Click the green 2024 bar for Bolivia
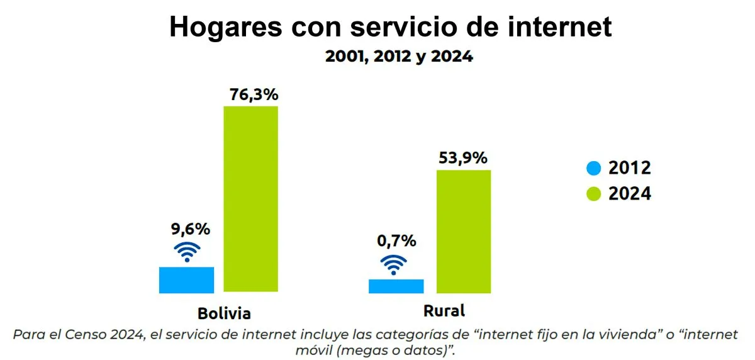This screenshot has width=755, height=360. (x=251, y=199)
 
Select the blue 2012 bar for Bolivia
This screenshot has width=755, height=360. (x=186, y=280)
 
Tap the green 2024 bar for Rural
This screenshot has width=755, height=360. (x=464, y=231)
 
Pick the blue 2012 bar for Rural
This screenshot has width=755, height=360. (x=396, y=286)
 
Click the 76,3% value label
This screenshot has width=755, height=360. (x=252, y=96)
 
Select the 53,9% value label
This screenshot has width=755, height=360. (x=464, y=158)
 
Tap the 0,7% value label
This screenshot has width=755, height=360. (x=396, y=240)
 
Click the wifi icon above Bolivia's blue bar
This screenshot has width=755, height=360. (x=187, y=252)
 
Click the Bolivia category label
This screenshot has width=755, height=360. (x=224, y=313)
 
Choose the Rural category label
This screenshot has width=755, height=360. (x=444, y=310)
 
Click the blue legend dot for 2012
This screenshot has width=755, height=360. (x=593, y=168)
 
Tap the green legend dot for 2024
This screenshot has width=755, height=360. (x=593, y=194)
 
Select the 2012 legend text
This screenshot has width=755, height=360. (x=629, y=168)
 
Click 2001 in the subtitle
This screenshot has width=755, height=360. (x=343, y=57)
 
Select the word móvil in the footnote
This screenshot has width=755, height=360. (x=312, y=349)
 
